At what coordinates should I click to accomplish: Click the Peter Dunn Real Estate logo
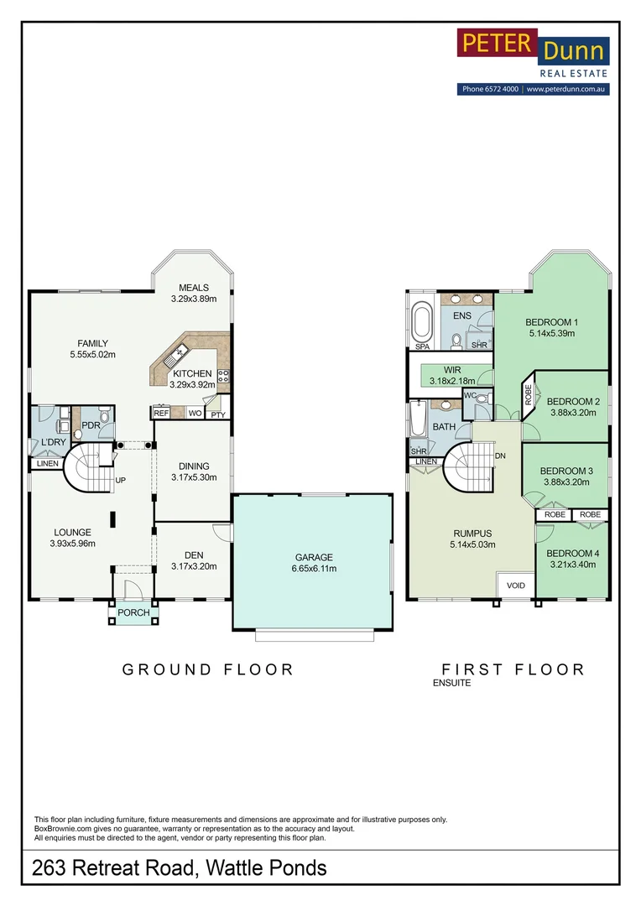(533, 61)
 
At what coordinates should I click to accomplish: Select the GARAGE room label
(314, 558)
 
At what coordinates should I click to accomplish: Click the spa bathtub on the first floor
(423, 321)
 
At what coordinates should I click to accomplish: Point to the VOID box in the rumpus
(516, 585)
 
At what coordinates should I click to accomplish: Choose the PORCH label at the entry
(133, 612)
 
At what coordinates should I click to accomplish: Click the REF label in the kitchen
(161, 413)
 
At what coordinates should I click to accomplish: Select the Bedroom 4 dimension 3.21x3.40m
(573, 565)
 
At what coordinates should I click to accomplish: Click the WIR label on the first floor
(452, 370)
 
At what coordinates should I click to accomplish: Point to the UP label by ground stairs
(120, 480)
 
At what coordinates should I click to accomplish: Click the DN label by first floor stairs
(500, 456)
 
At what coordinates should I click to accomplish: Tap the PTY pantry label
(218, 415)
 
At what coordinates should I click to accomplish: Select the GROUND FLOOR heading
(208, 669)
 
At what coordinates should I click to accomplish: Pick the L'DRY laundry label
(53, 442)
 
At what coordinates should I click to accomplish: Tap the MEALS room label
(194, 288)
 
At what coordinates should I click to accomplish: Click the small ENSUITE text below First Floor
(451, 683)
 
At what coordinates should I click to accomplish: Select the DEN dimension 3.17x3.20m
(194, 567)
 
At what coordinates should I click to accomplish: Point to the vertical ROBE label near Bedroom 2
(529, 394)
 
